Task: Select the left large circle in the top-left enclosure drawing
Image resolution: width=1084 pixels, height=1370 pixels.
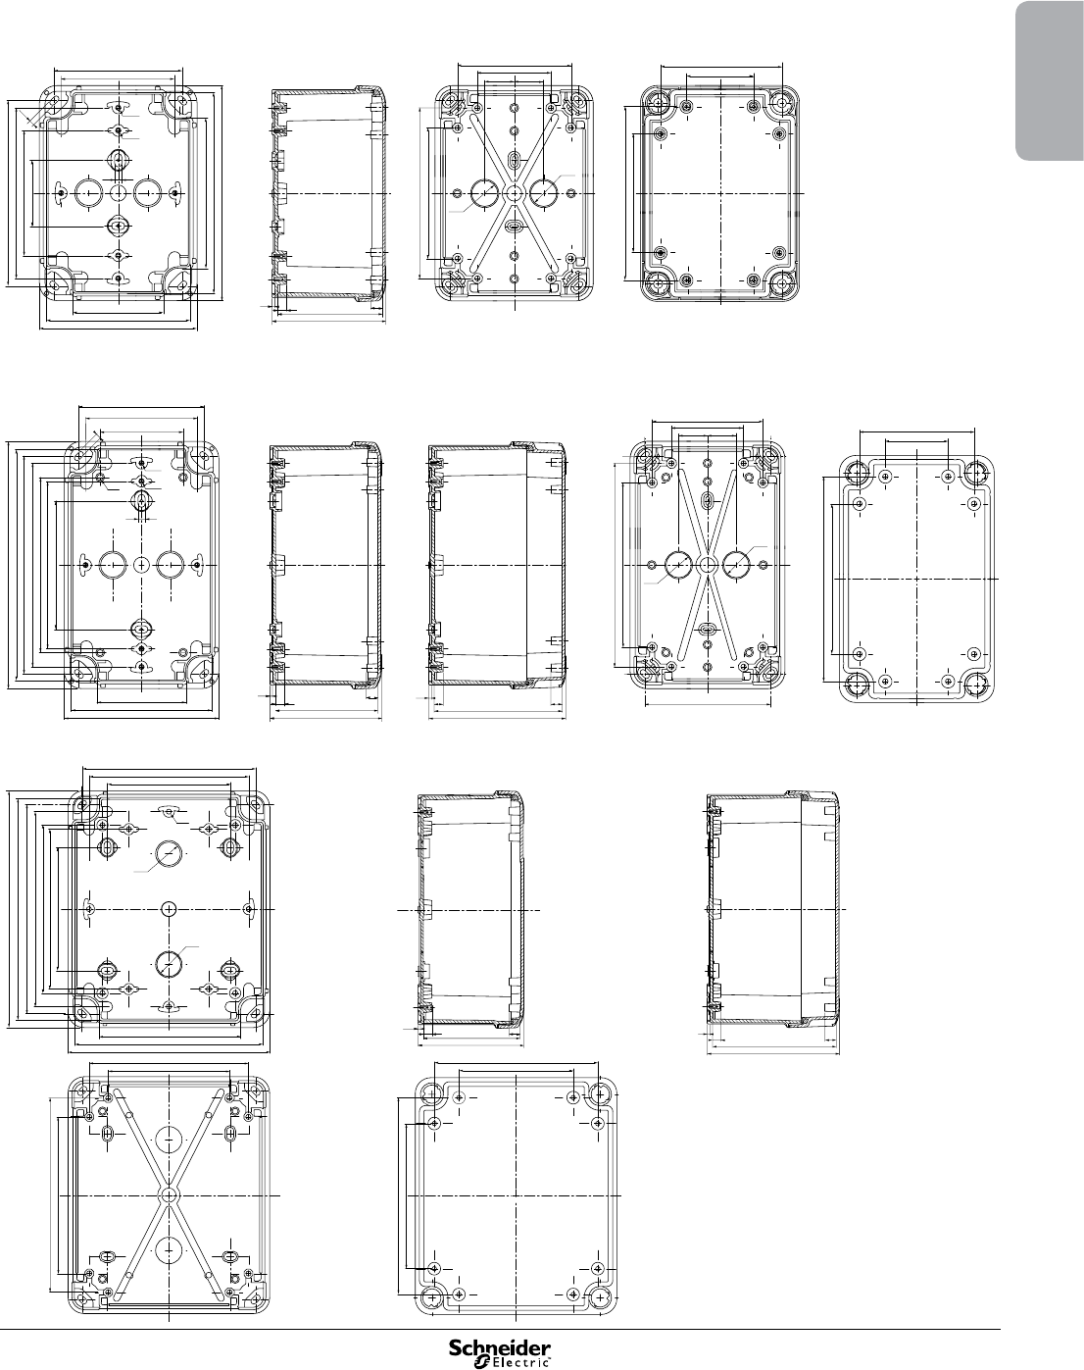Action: click(x=88, y=193)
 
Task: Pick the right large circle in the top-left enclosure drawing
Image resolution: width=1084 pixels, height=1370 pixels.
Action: click(x=147, y=193)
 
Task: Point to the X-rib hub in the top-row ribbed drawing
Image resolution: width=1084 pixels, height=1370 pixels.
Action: click(x=514, y=193)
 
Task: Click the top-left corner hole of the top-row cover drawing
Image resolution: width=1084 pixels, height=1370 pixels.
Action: click(x=657, y=102)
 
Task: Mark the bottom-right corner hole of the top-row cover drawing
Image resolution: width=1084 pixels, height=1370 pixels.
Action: click(x=782, y=282)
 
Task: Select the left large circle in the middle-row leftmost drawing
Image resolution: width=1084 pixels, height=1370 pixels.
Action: click(x=113, y=565)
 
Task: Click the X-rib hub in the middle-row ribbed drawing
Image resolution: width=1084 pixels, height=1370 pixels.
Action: click(x=707, y=564)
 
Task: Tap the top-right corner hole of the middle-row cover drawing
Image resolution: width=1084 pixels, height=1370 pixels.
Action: click(x=976, y=474)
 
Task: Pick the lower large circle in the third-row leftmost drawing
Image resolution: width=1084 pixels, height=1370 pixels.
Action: click(x=170, y=964)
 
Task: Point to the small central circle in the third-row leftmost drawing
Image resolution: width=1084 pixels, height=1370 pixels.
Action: click(x=170, y=909)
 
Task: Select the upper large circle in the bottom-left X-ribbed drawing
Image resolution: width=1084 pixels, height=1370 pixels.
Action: click(x=170, y=1139)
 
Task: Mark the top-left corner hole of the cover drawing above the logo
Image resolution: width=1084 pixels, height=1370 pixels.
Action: click(x=433, y=1096)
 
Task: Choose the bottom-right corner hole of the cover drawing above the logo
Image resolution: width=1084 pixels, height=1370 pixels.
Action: click(x=601, y=1296)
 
